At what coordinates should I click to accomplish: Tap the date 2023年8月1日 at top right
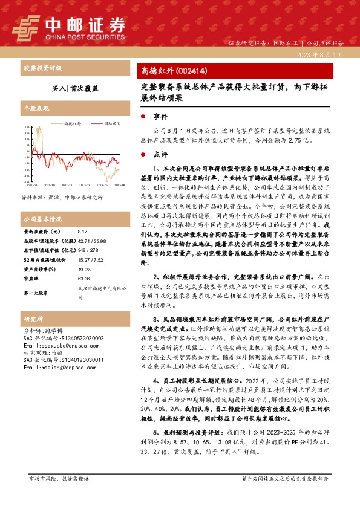(321, 54)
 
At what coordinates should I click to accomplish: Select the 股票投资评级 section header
(42, 68)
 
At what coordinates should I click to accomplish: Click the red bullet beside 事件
(143, 117)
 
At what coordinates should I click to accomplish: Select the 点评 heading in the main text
(160, 154)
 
